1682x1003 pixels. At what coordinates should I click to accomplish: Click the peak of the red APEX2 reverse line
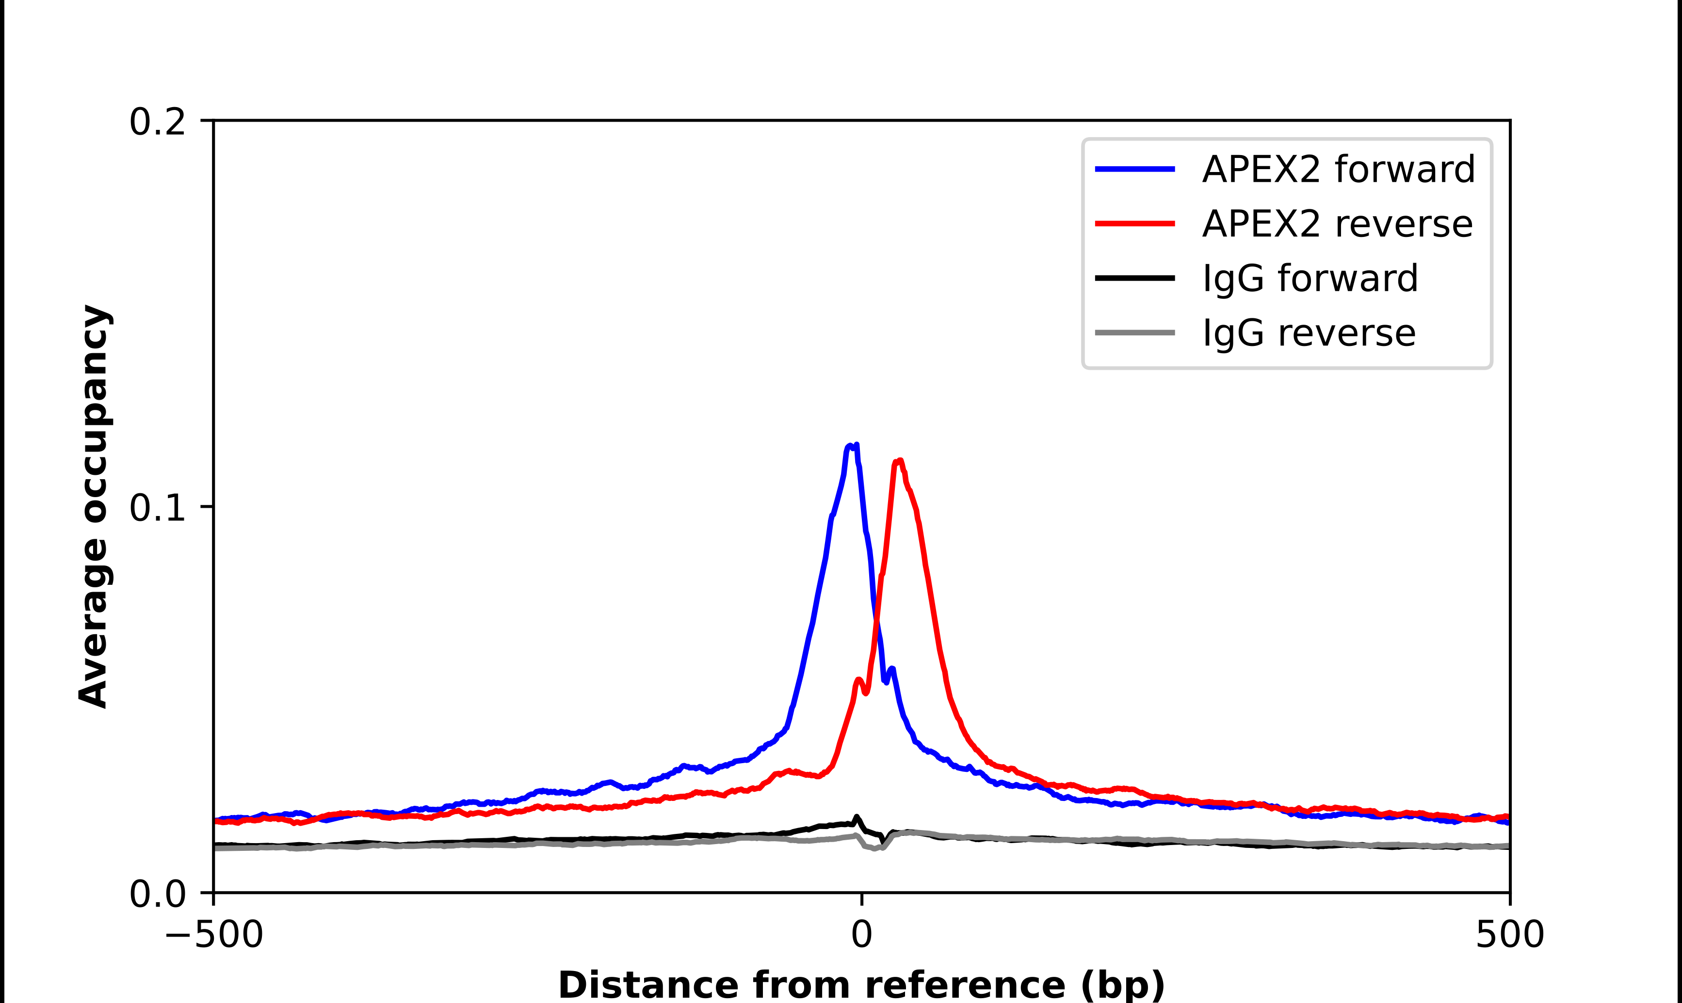[x=899, y=461]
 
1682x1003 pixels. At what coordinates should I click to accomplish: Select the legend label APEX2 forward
[x=1338, y=169]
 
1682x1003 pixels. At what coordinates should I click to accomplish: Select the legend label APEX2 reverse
[x=1336, y=224]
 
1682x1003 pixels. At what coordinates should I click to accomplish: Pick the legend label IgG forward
[x=1310, y=279]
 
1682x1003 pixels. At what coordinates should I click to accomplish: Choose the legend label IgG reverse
[x=1308, y=333]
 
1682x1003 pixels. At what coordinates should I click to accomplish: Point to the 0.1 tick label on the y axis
[x=157, y=508]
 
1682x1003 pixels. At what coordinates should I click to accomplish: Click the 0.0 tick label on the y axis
[x=157, y=894]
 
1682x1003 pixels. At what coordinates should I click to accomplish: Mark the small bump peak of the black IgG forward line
[x=857, y=817]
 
